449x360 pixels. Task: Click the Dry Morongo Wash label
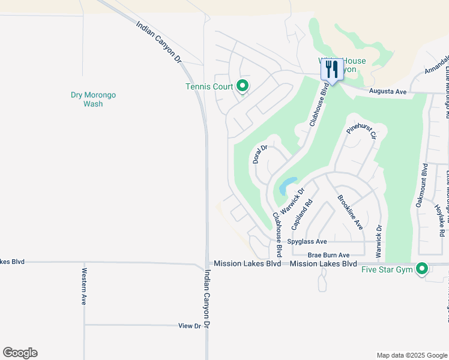click(93, 99)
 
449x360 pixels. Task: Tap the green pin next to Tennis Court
click(243, 86)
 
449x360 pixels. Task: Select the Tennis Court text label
click(208, 87)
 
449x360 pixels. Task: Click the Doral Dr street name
click(259, 154)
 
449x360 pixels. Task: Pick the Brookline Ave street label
click(350, 212)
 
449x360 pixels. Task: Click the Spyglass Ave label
click(307, 242)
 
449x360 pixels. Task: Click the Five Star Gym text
click(387, 269)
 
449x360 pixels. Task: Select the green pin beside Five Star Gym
click(422, 269)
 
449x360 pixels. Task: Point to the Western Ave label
click(83, 287)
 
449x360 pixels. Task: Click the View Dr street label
click(189, 326)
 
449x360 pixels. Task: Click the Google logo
click(20, 353)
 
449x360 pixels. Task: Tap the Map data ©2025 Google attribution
click(411, 355)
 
